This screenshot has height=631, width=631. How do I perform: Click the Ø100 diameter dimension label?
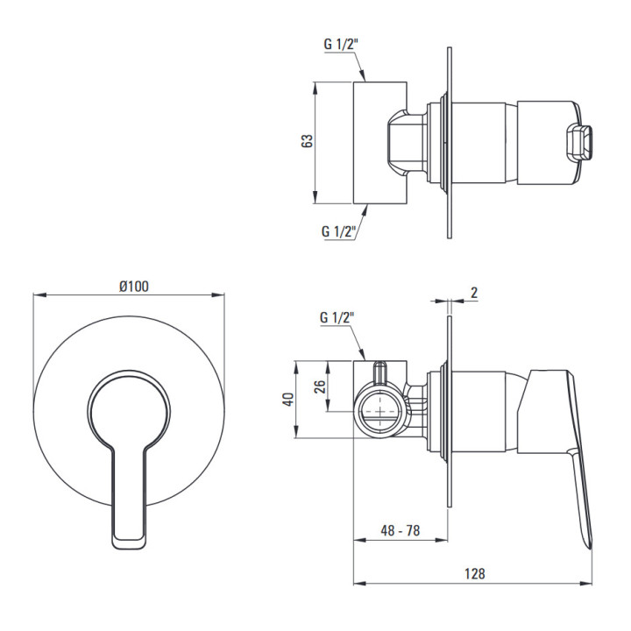tap(134, 286)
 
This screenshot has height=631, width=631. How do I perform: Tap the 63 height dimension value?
tap(307, 141)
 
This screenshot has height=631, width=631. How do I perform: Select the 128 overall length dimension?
tap(475, 573)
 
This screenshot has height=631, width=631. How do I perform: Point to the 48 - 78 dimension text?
tap(400, 530)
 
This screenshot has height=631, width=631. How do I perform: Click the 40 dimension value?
tap(289, 399)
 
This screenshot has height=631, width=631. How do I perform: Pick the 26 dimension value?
tap(320, 386)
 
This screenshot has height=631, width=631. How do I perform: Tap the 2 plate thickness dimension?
tap(474, 293)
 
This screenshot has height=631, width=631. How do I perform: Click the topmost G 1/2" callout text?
tap(341, 45)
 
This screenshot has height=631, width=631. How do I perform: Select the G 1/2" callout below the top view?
tap(338, 231)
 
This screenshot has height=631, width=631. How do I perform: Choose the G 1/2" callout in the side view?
tap(337, 317)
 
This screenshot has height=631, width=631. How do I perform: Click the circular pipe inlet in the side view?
tap(380, 411)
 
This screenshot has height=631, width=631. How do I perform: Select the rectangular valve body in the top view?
tap(379, 143)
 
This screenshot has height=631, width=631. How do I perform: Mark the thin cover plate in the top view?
tap(449, 143)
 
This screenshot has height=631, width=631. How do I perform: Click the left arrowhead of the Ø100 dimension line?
tap(39, 295)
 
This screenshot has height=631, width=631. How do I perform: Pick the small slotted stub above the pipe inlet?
tap(380, 373)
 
